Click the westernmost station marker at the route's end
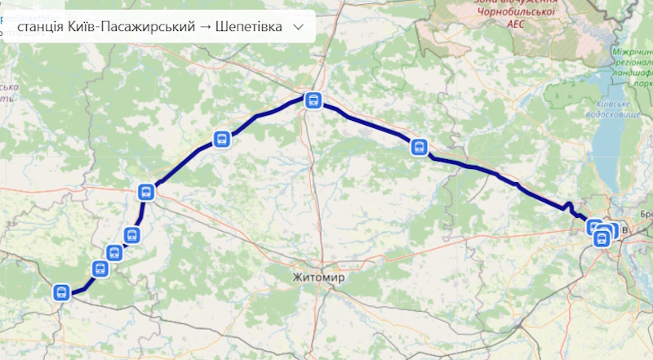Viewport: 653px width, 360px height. point(60,292)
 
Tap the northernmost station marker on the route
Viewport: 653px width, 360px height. point(313,100)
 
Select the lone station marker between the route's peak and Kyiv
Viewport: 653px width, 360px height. point(419,147)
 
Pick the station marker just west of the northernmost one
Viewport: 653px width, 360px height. point(220,139)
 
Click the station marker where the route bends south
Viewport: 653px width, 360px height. point(146,193)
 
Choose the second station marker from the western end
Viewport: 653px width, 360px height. point(100,268)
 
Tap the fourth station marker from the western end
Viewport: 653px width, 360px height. point(131,236)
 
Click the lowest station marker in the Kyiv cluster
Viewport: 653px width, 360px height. point(602,238)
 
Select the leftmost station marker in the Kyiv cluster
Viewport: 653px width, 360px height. point(594,227)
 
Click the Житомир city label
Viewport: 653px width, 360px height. point(318,278)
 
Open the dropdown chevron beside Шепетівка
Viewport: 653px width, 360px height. point(298,27)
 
